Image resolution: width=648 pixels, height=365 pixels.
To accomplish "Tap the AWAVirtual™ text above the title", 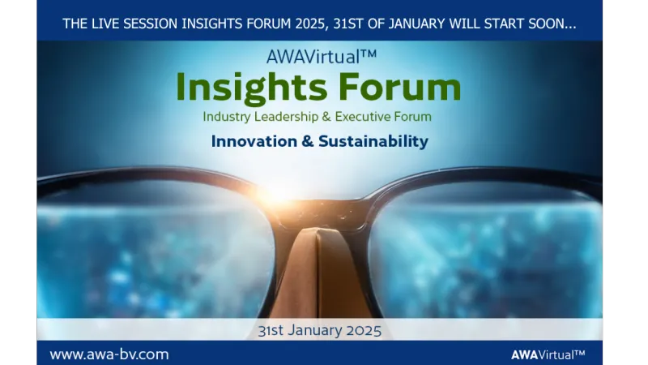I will pos(318,58).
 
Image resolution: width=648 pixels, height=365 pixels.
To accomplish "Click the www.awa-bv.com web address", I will pos(109,354).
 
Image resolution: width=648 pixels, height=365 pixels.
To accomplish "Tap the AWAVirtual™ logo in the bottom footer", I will pos(548,354).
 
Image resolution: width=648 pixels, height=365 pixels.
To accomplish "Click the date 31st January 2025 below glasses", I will pos(318,330).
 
